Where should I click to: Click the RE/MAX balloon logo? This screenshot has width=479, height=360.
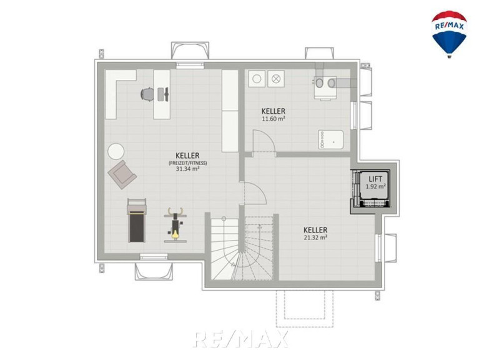[x=449, y=34]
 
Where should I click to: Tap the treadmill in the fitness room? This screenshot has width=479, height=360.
[x=137, y=220]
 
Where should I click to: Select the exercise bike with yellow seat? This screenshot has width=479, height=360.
[x=175, y=225]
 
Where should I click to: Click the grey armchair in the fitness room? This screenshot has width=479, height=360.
[x=122, y=174]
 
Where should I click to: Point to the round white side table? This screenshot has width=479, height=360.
[x=116, y=151]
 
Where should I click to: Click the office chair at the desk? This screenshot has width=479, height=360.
[x=147, y=94]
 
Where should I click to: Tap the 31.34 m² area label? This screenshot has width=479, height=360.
[x=187, y=168]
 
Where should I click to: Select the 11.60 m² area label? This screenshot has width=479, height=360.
[x=274, y=119]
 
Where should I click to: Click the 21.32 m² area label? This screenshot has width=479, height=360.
[x=315, y=237]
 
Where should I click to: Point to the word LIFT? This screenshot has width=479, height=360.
[x=375, y=179]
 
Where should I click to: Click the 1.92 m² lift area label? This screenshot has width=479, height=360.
[x=375, y=186]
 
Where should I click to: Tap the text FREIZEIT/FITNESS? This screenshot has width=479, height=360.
[x=187, y=163]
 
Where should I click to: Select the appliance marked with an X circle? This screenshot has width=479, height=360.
[x=276, y=79]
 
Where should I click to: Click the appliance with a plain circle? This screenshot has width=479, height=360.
[x=257, y=79]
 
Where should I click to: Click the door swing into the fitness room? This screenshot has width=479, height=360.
[x=253, y=193]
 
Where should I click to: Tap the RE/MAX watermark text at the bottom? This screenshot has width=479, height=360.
[x=240, y=339]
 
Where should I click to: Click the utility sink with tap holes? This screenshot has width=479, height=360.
[x=330, y=139]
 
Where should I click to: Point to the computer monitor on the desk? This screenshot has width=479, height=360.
[x=167, y=94]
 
